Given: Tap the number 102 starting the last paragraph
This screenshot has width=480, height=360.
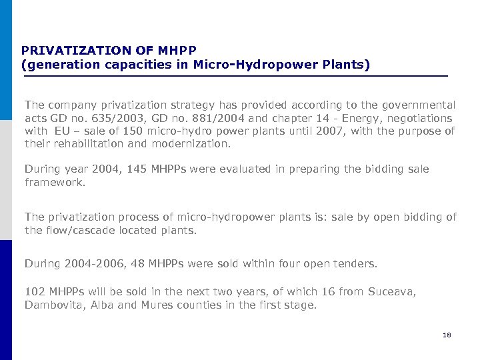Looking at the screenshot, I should [34, 292].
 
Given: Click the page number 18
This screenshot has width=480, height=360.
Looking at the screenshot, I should [447, 335].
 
